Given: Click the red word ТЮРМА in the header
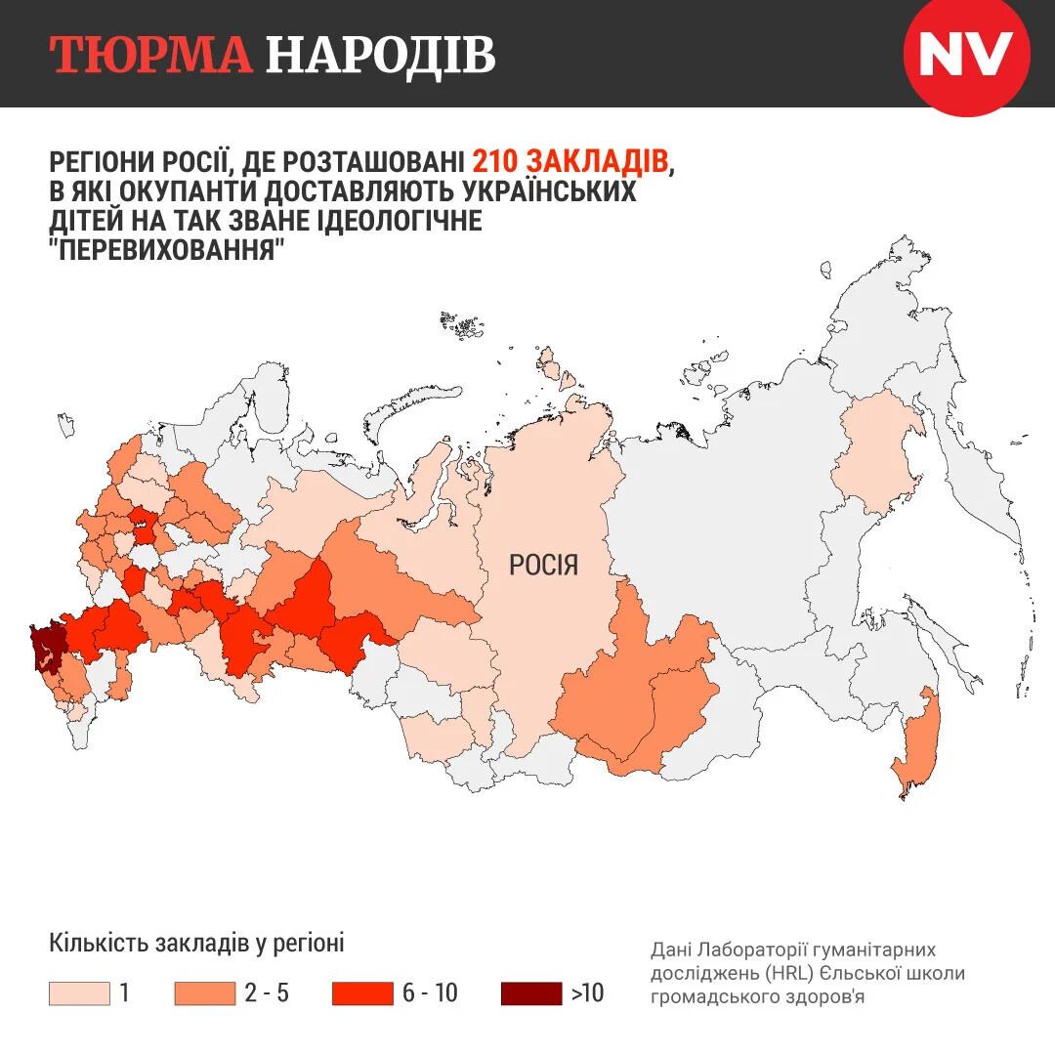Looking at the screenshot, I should [151, 56].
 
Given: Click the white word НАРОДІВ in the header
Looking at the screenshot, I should [380, 56].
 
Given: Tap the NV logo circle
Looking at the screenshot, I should [966, 56].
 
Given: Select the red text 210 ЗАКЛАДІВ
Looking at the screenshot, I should [570, 161].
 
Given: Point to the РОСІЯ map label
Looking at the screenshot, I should [544, 565].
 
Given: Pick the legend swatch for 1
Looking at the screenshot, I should [79, 993].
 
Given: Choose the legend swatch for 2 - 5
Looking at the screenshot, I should [204, 993].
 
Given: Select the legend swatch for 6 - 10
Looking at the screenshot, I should [361, 993].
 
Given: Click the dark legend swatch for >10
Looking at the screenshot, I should [530, 993].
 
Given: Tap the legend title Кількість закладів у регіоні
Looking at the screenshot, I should [196, 944].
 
